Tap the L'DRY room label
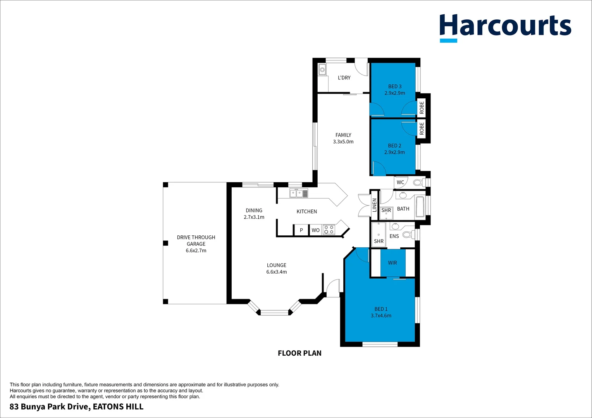(x=344, y=78)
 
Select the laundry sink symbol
(x=322, y=70)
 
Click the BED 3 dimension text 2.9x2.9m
(x=395, y=93)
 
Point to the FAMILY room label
(x=343, y=135)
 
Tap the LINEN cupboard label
(x=374, y=205)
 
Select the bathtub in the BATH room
(x=420, y=207)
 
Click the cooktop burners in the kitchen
(x=329, y=230)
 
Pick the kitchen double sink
(x=299, y=193)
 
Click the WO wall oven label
(x=316, y=230)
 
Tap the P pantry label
(x=301, y=230)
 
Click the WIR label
(x=392, y=263)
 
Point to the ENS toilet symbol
(x=407, y=235)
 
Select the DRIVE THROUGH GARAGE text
(x=196, y=240)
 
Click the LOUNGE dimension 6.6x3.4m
(x=277, y=272)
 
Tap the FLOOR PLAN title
(x=299, y=353)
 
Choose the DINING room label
(x=254, y=211)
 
